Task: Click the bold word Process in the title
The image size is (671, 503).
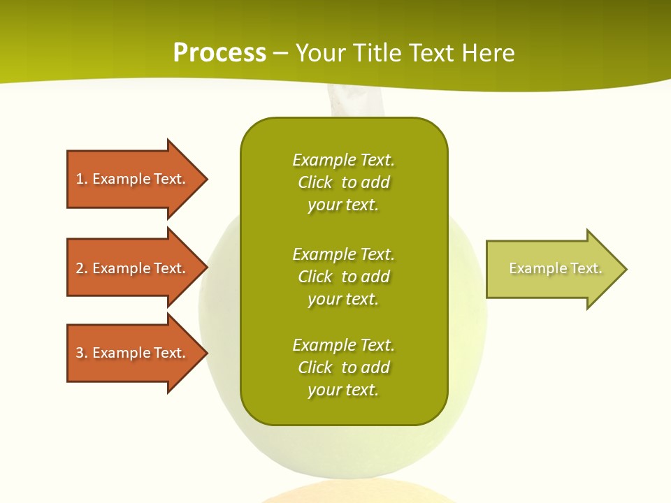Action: point(219,53)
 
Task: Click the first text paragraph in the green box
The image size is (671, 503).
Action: point(343,182)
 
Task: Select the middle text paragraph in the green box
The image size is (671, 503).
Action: point(343,277)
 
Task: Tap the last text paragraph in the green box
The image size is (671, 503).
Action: point(343,367)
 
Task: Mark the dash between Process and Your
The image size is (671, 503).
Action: point(280,53)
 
